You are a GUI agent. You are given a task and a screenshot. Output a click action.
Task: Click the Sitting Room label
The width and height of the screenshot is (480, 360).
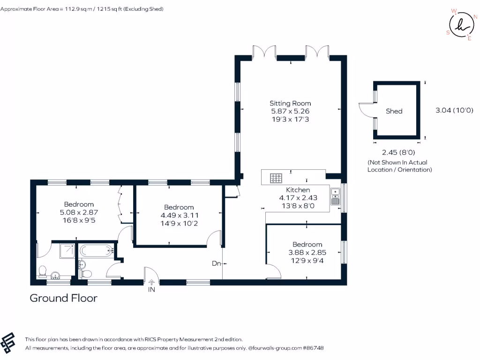coord(290,103)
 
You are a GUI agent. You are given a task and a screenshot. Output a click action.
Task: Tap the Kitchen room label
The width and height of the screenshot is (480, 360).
coord(298,190)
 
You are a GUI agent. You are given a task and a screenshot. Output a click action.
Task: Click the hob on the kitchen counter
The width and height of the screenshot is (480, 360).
coord(276,178)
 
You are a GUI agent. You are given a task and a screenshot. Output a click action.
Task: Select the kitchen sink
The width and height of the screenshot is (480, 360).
coord(335,196)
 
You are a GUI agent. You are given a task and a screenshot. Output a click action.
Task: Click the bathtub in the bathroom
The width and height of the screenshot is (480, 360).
coord(96,251)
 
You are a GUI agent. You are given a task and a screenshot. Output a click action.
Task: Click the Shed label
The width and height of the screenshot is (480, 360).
coord(394,111)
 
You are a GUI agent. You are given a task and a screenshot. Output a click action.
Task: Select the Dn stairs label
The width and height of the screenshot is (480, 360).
coord(216,263)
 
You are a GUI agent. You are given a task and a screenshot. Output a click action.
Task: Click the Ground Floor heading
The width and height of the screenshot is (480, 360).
coord(63,298)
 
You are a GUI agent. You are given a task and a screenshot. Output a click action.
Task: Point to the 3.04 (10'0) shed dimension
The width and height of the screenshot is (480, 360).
coord(454,111)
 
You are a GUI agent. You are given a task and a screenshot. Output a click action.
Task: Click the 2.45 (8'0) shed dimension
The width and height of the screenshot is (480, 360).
coord(398,152)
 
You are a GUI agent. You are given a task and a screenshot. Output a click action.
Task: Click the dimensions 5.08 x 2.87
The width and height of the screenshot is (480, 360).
coord(79,212)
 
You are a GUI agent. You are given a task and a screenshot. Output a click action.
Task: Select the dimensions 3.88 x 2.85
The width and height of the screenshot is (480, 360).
coord(307,252)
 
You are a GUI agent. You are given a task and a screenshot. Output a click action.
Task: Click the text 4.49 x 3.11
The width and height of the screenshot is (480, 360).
coord(179,215)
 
